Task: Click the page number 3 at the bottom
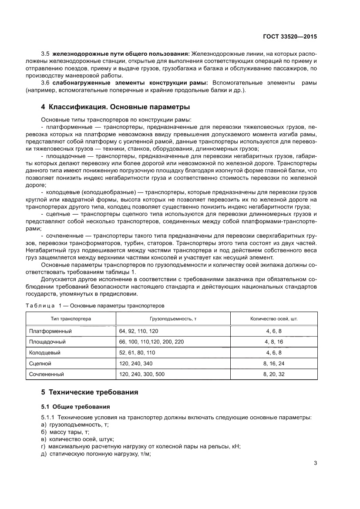pyautogui.click(x=315, y=463)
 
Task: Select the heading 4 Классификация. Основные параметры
pyautogui.click(x=115, y=107)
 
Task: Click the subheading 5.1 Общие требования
pyautogui.click(x=75, y=407)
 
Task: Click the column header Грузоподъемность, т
pyautogui.click(x=173, y=319)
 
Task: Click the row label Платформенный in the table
pyautogui.click(x=50, y=331)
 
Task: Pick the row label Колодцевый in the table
pyautogui.click(x=44, y=352)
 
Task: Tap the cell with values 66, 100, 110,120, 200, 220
pyautogui.click(x=151, y=342)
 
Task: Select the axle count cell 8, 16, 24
pyautogui.click(x=274, y=363)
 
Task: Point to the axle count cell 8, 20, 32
pyautogui.click(x=274, y=374)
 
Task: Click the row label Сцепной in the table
pyautogui.click(x=40, y=363)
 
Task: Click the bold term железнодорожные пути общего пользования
pyautogui.click(x=121, y=54)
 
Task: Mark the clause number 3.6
pyautogui.click(x=46, y=83)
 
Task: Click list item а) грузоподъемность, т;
pyautogui.click(x=74, y=424)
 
